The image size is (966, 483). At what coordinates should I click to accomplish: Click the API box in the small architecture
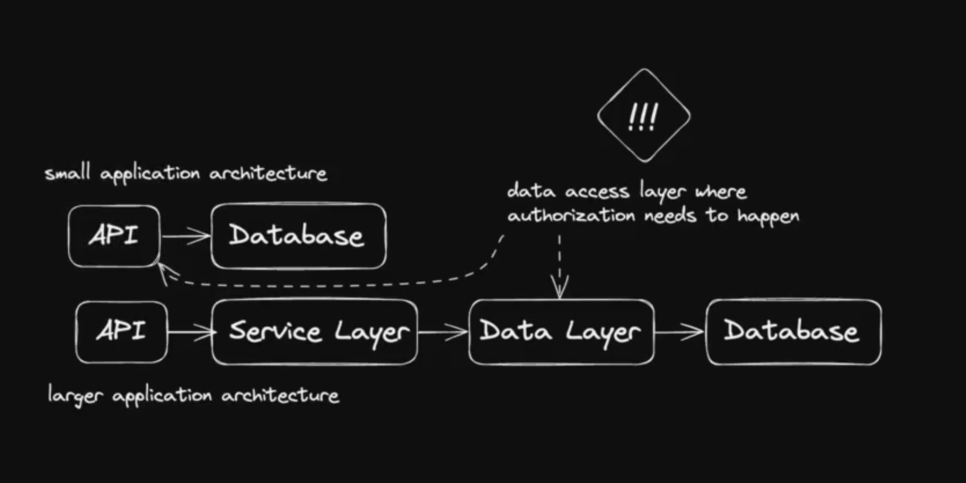(x=114, y=236)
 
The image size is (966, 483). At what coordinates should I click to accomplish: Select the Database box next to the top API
(x=298, y=236)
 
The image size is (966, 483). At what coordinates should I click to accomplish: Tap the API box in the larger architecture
(x=122, y=332)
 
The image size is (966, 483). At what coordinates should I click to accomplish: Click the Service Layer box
(x=315, y=332)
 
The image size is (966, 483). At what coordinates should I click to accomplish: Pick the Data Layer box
(x=561, y=332)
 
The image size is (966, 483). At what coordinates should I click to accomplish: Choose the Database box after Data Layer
(x=793, y=332)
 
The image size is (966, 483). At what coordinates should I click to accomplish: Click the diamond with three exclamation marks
(x=644, y=116)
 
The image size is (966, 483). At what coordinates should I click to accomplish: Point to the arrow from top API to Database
(x=186, y=236)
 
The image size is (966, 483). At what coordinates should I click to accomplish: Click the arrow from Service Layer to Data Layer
(x=443, y=332)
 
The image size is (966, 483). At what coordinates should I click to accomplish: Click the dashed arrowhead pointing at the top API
(x=163, y=271)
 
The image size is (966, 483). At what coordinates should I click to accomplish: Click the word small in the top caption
(x=67, y=173)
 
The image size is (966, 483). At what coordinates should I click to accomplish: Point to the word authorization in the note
(x=570, y=215)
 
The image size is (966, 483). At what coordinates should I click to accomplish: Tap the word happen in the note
(x=768, y=217)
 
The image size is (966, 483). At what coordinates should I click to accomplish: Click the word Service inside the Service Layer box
(x=275, y=332)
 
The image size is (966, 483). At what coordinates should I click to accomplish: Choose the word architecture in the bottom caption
(x=280, y=396)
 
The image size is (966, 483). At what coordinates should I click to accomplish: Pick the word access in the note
(x=597, y=192)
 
